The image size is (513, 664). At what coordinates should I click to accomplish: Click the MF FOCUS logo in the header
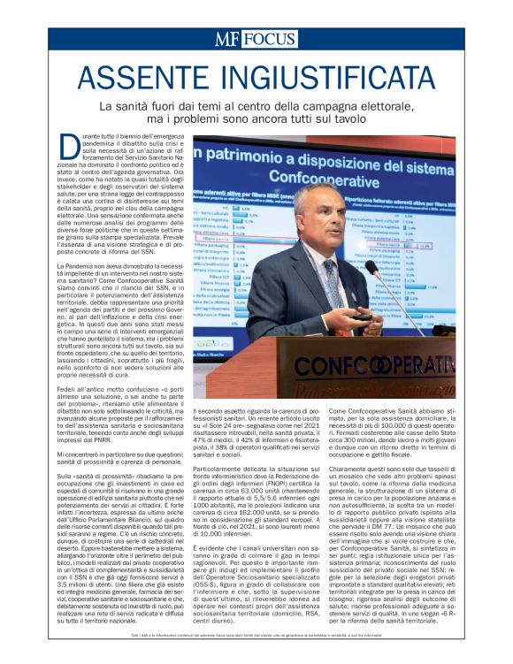tap(255, 38)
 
